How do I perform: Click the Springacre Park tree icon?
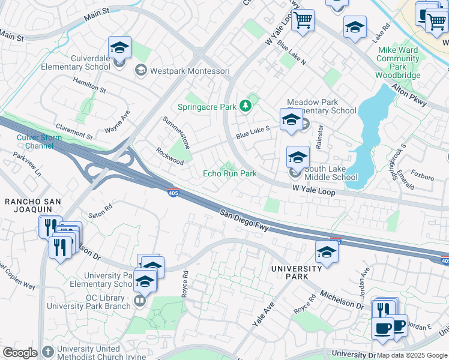tap(245, 107)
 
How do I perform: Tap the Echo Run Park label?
tap(229, 173)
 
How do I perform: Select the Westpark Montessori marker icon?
tap(140, 71)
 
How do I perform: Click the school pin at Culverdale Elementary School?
tap(119, 47)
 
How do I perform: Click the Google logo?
tap(20, 352)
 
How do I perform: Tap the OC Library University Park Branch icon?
tap(140, 300)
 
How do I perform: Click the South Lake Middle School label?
tap(331, 172)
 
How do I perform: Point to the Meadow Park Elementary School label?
tap(321, 106)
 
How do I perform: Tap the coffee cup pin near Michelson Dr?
tap(382, 328)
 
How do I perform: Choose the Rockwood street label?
tap(170, 157)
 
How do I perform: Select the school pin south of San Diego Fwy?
tap(327, 251)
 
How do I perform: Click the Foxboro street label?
tap(423, 177)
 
